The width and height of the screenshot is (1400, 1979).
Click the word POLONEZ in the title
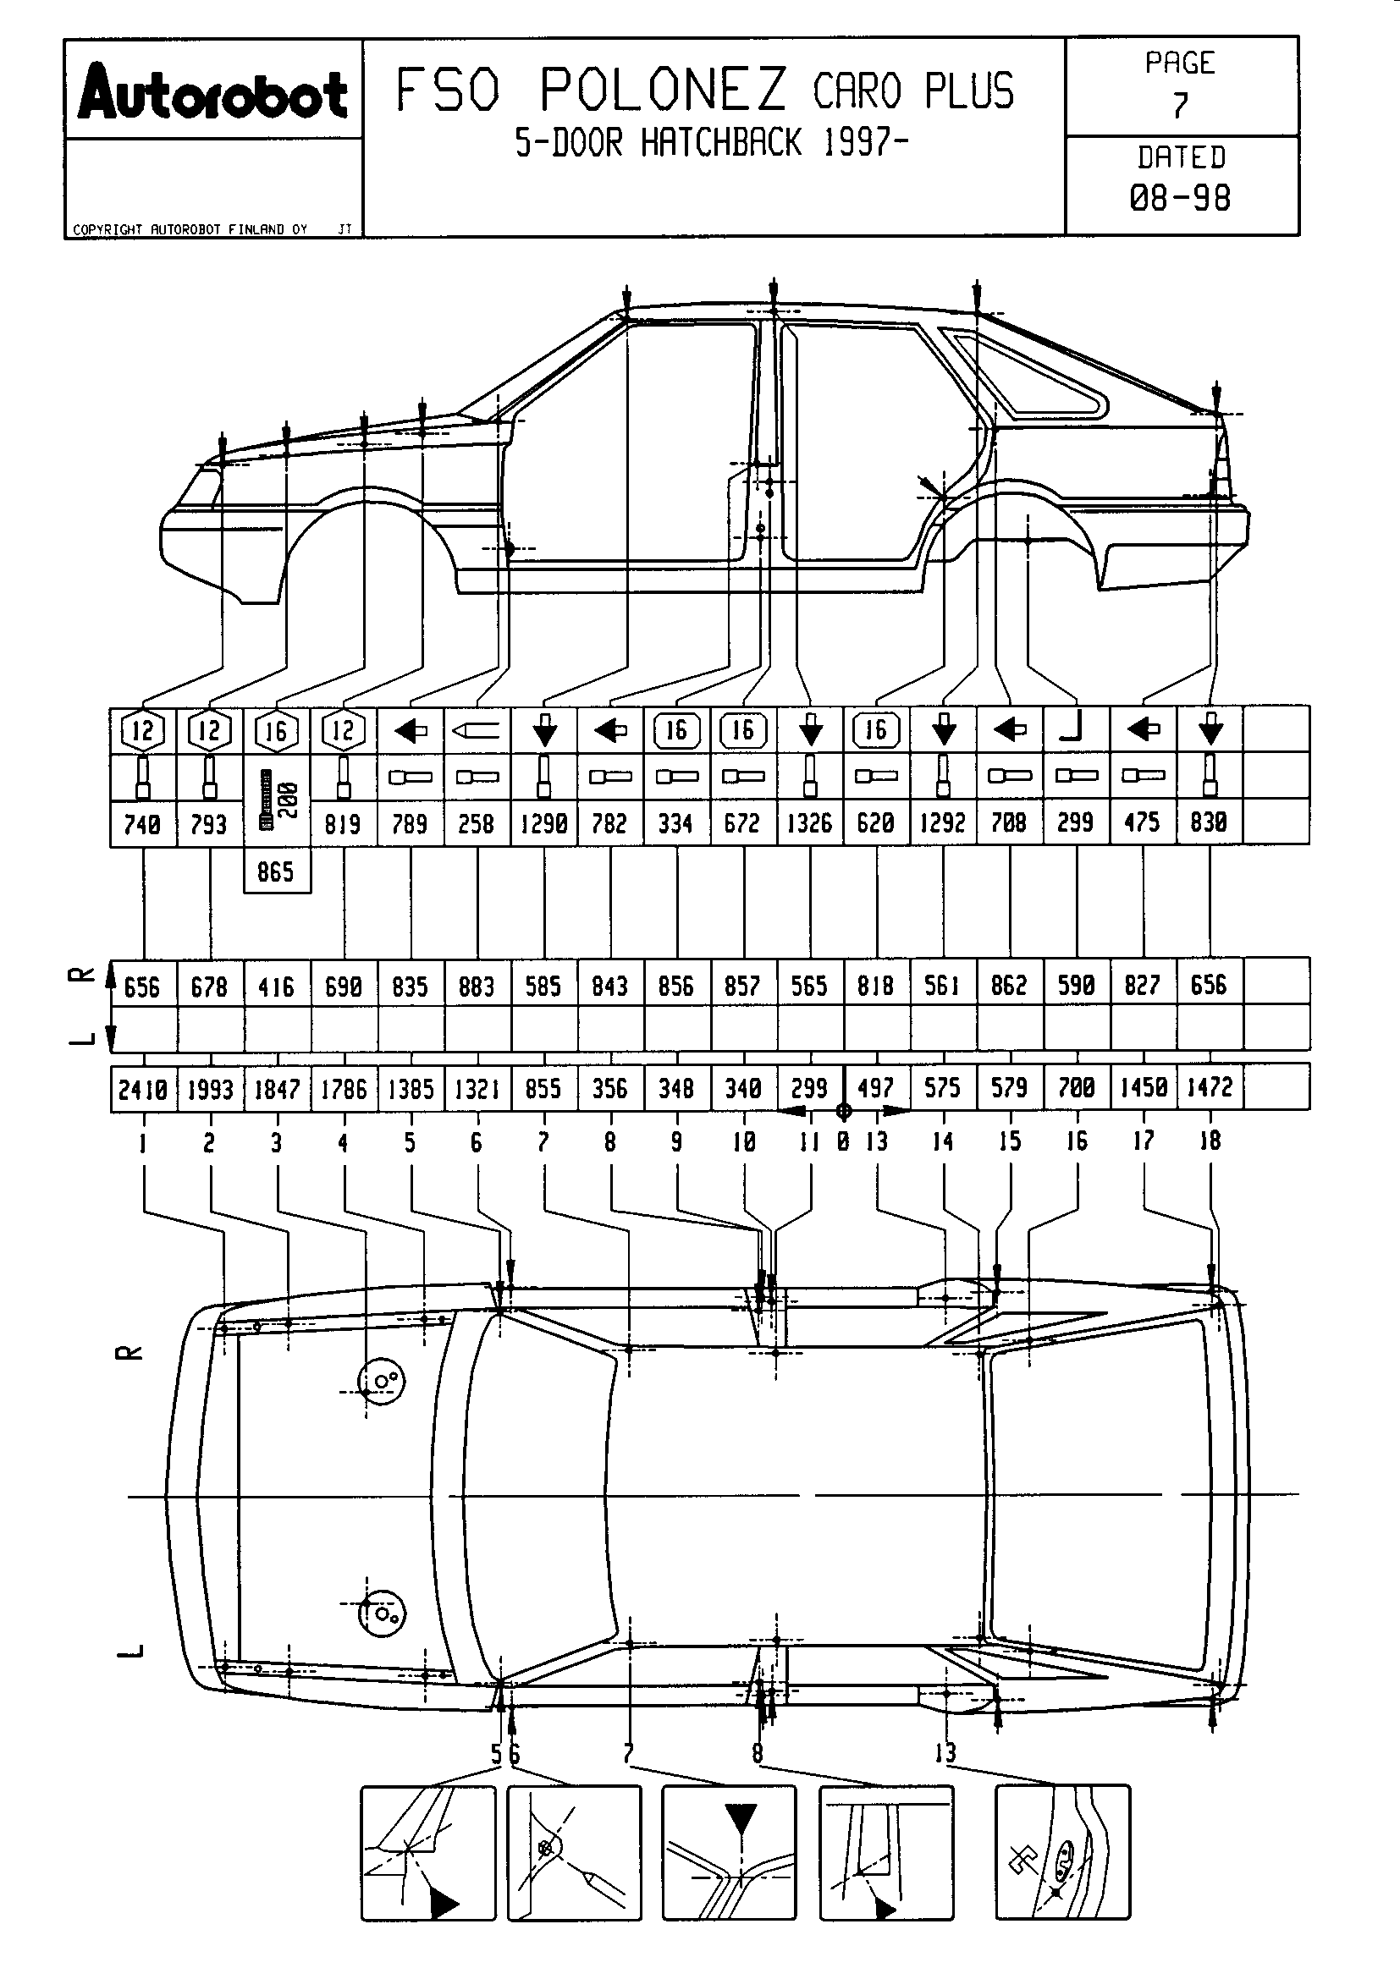(662, 90)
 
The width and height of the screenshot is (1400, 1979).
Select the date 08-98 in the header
(1180, 199)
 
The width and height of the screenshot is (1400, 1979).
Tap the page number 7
(1180, 105)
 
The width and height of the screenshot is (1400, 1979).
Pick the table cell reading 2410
(142, 1090)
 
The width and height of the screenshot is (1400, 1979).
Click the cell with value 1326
(809, 823)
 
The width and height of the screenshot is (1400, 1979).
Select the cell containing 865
(276, 872)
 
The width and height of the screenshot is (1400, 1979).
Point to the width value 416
(276, 986)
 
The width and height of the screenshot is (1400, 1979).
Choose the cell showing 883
(477, 986)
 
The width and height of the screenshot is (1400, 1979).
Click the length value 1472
(1210, 1088)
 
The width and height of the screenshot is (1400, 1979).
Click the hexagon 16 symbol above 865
(276, 731)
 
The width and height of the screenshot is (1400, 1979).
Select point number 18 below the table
(1210, 1141)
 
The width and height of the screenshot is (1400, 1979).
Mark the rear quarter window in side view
(1026, 375)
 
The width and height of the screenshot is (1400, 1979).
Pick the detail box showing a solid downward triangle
(729, 1852)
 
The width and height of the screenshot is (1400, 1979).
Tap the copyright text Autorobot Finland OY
(190, 229)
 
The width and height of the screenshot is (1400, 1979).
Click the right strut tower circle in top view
(380, 1380)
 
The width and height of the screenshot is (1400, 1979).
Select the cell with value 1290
(544, 823)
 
